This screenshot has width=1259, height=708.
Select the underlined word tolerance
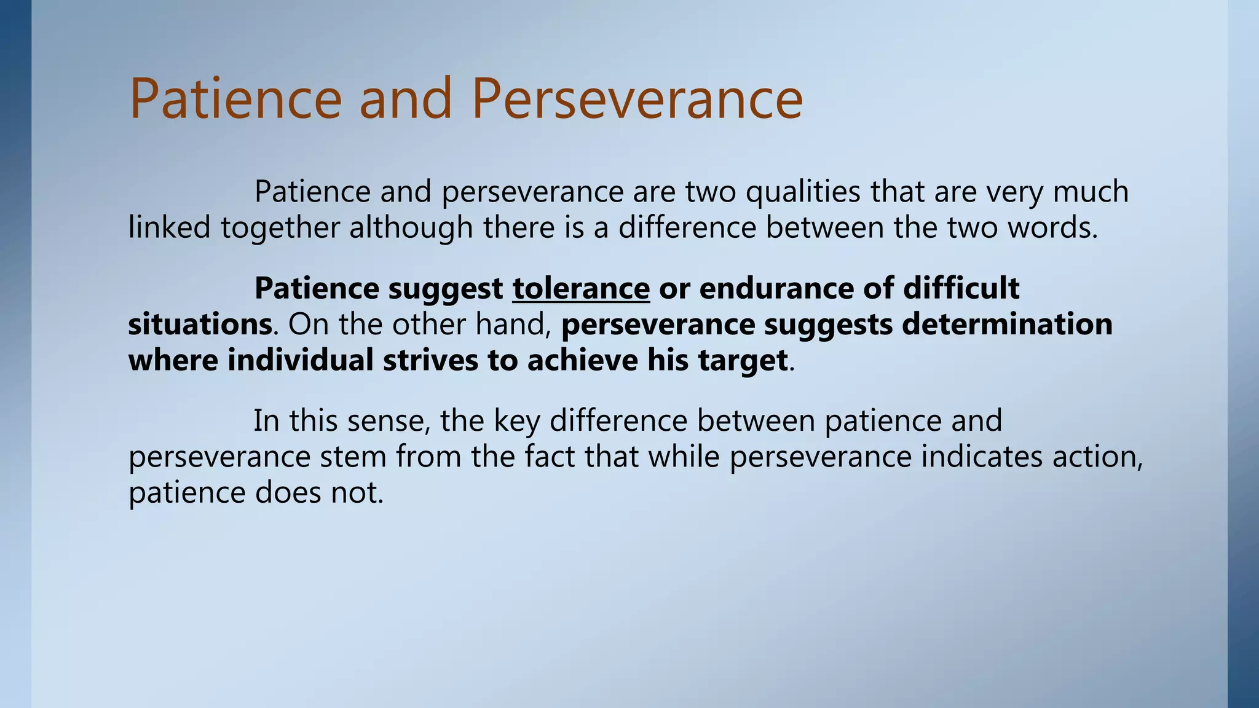coord(581,288)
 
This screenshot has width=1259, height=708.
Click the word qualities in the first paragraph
coord(803,192)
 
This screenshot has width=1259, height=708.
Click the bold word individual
coord(301,360)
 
